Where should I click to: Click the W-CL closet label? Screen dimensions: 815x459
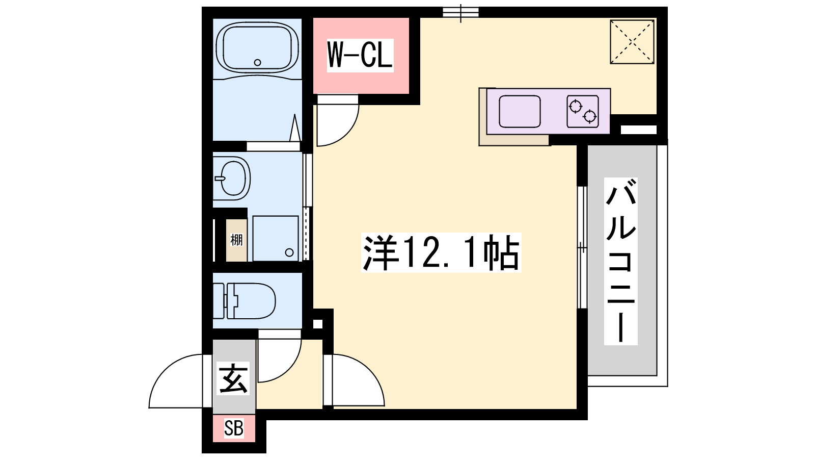click(x=360, y=55)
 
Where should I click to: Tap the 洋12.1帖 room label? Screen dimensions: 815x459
click(x=441, y=252)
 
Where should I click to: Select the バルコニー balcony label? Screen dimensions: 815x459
click(x=621, y=261)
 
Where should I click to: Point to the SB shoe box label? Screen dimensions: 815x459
click(x=234, y=428)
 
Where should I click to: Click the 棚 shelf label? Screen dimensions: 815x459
click(x=236, y=240)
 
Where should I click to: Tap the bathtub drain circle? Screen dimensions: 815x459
click(x=258, y=62)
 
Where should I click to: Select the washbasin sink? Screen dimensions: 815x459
click(x=232, y=178)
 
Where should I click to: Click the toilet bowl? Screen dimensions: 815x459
click(x=244, y=301)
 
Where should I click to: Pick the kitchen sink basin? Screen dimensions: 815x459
click(x=520, y=112)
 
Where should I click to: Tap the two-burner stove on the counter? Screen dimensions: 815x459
click(x=583, y=112)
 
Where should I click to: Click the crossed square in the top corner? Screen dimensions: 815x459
click(x=632, y=42)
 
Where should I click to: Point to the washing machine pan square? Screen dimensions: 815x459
click(x=276, y=239)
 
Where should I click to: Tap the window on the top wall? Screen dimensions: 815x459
click(x=460, y=13)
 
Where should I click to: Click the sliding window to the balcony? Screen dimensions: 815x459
click(x=583, y=248)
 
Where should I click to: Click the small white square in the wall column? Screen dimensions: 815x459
click(x=318, y=324)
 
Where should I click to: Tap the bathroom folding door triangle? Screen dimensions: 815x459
click(x=295, y=127)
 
